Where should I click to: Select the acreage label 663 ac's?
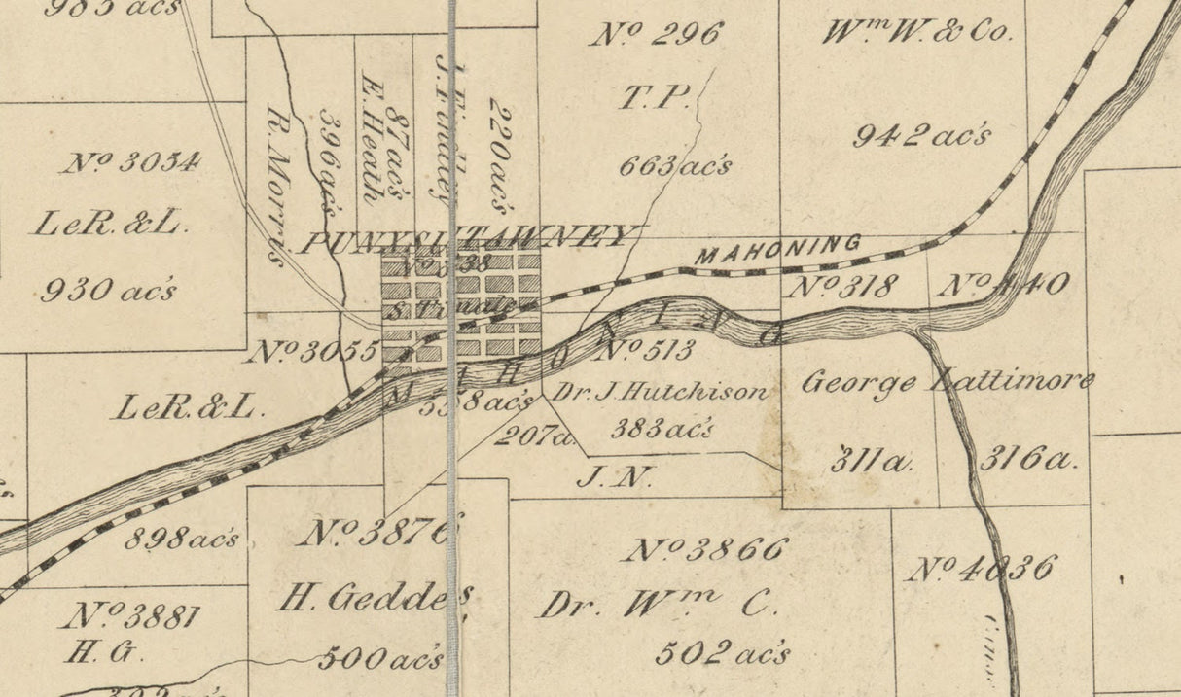[x=675, y=166]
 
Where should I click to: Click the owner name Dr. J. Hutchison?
[x=661, y=393]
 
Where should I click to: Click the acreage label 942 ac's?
[x=921, y=135]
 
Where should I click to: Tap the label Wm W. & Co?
[x=917, y=32]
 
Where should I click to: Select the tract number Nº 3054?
[x=132, y=161]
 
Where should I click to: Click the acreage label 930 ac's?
[x=108, y=290]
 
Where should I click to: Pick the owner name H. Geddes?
[x=376, y=597]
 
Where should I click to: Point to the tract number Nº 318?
[x=842, y=287]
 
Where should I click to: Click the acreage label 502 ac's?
[x=722, y=652]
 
